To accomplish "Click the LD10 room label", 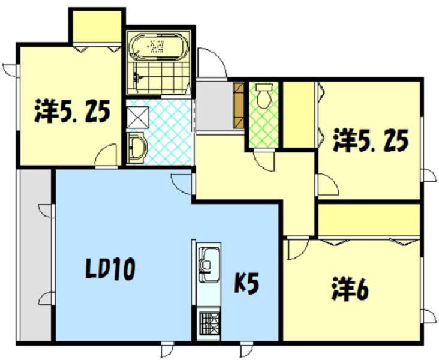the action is [x=110, y=269].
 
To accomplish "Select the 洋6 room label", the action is [x=350, y=289].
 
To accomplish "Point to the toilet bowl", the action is [x=264, y=95].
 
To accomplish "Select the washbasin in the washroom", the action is [x=137, y=148].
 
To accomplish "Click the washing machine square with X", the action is [x=137, y=118].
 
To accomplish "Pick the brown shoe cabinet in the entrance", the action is [x=239, y=106].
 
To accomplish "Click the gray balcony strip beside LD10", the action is [x=35, y=255].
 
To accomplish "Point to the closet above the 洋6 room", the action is [x=369, y=220].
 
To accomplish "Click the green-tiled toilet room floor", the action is [x=264, y=115].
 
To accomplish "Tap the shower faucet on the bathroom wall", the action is [x=137, y=77].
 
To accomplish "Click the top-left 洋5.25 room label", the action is [x=72, y=111].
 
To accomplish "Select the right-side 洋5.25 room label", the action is [x=371, y=140].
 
